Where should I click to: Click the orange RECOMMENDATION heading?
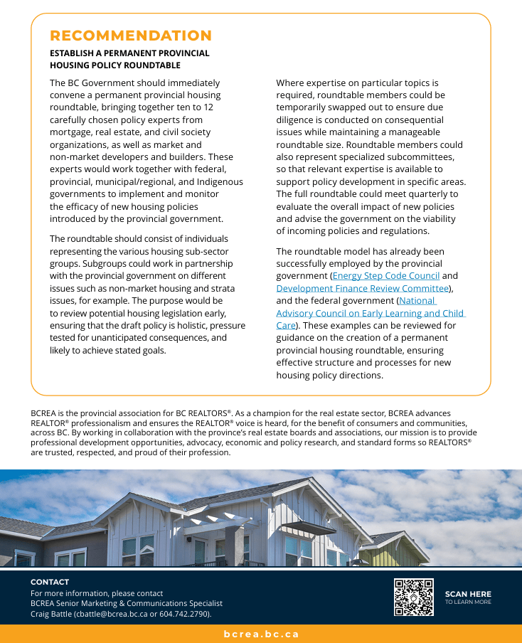131,36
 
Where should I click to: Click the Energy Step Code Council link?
386,276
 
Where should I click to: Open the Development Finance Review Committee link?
363,288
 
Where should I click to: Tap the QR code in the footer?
414,597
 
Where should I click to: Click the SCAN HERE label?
468,594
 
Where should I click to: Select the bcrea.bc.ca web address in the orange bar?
261,634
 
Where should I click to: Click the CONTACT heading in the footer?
50,582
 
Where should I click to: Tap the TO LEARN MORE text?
468,602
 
